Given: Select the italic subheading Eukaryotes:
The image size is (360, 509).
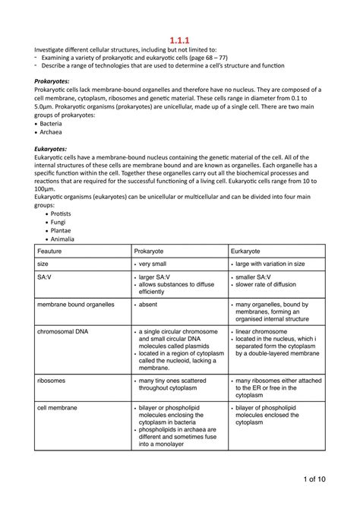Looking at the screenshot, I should [46, 149].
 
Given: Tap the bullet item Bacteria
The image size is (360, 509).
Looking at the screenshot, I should [51, 123].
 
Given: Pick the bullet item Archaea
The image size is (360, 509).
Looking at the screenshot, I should [51, 131].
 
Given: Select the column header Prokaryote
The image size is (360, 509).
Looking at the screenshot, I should [154, 250].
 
